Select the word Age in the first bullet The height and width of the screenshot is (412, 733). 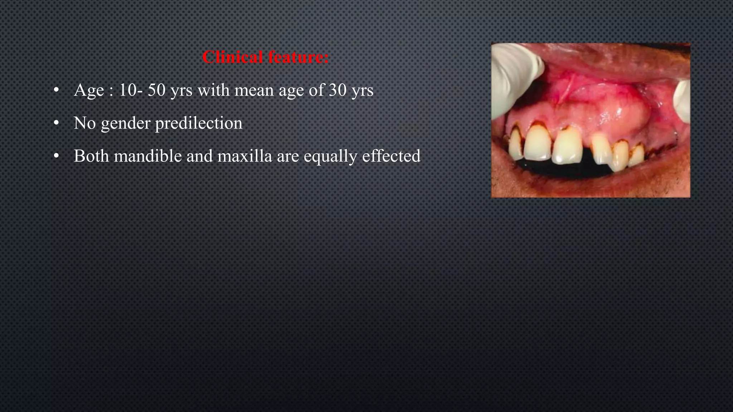coord(89,90)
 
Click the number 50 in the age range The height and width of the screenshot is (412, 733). coord(156,90)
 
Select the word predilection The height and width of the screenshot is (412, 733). coord(199,123)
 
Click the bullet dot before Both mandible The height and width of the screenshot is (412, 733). coord(56,156)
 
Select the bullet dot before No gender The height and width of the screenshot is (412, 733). coord(56,123)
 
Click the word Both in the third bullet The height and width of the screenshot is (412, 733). coord(91,156)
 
